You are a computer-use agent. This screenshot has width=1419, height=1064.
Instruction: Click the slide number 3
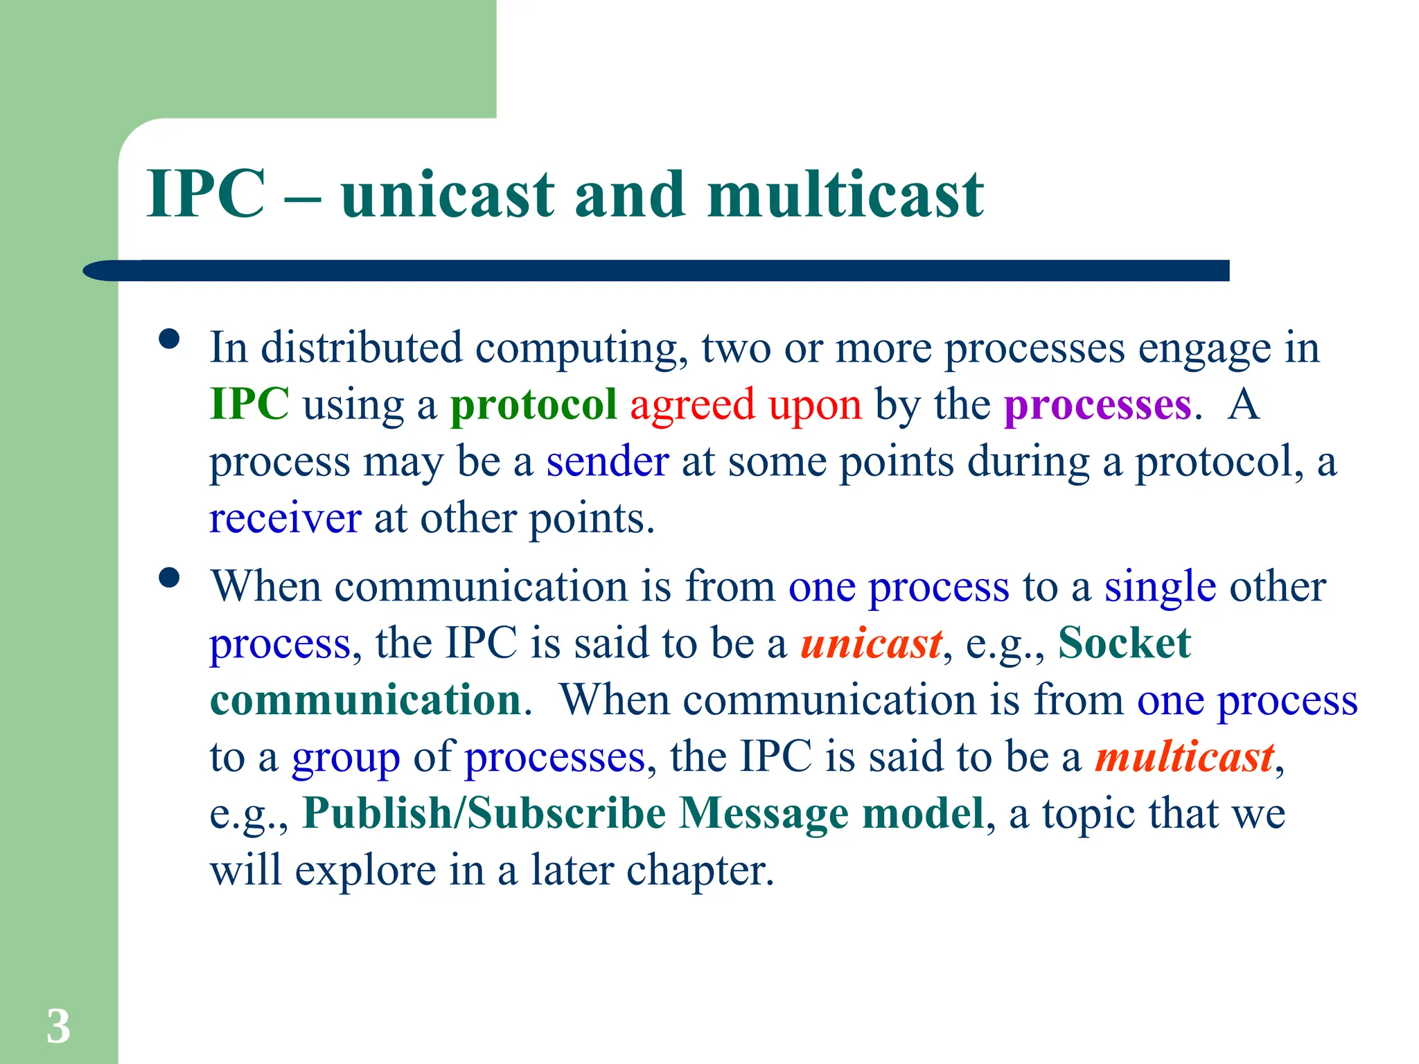[x=58, y=1026]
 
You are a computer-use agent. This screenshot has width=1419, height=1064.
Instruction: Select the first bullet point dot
[x=169, y=339]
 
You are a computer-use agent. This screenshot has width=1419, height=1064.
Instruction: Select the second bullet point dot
[x=169, y=578]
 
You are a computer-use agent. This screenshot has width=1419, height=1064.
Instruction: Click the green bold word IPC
[x=249, y=404]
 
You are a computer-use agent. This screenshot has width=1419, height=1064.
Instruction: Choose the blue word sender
[x=607, y=462]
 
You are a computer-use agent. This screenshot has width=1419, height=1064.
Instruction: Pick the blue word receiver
[x=285, y=519]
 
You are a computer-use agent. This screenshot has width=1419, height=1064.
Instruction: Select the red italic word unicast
[x=871, y=644]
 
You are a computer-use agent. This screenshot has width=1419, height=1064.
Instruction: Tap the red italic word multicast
[x=1184, y=757]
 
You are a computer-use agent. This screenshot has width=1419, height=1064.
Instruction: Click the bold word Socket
[x=1124, y=644]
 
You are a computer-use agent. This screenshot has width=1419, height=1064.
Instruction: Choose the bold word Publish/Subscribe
[x=484, y=813]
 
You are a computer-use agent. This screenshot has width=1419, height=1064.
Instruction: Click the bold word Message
[x=764, y=814]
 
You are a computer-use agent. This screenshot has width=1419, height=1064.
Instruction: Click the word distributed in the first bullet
[x=361, y=347]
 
